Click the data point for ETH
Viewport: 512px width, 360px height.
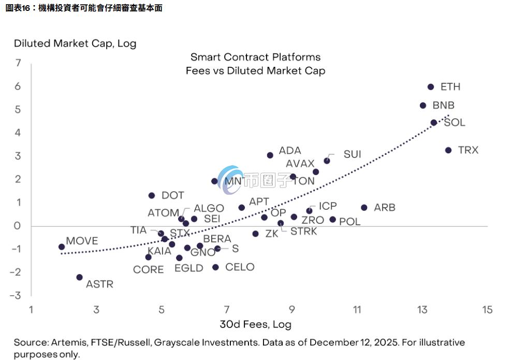[x=431, y=87]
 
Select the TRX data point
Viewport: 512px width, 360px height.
[x=448, y=150]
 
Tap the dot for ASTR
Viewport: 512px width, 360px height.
[x=79, y=277]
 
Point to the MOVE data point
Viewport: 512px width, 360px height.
[x=62, y=247]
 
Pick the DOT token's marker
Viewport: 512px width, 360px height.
[x=152, y=196]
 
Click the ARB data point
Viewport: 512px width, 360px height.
[x=364, y=208]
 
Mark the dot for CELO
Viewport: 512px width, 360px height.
[x=215, y=267]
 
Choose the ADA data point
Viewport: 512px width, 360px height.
[x=270, y=155]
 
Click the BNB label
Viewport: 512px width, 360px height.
[x=443, y=105]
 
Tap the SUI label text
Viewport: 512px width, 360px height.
[x=352, y=154]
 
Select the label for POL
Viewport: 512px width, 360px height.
[x=349, y=222]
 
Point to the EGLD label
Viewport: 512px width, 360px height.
[x=188, y=268]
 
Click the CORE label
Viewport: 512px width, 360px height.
[x=148, y=270]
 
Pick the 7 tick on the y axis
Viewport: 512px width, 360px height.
[x=19, y=63]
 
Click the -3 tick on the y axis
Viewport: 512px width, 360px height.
[x=17, y=295]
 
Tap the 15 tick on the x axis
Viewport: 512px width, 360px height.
[x=487, y=310]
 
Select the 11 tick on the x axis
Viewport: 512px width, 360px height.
[x=357, y=310]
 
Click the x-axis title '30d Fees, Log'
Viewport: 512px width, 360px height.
[x=255, y=325]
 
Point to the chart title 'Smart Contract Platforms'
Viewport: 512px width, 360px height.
[x=255, y=57]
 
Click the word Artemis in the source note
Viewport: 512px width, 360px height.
[x=69, y=343]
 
